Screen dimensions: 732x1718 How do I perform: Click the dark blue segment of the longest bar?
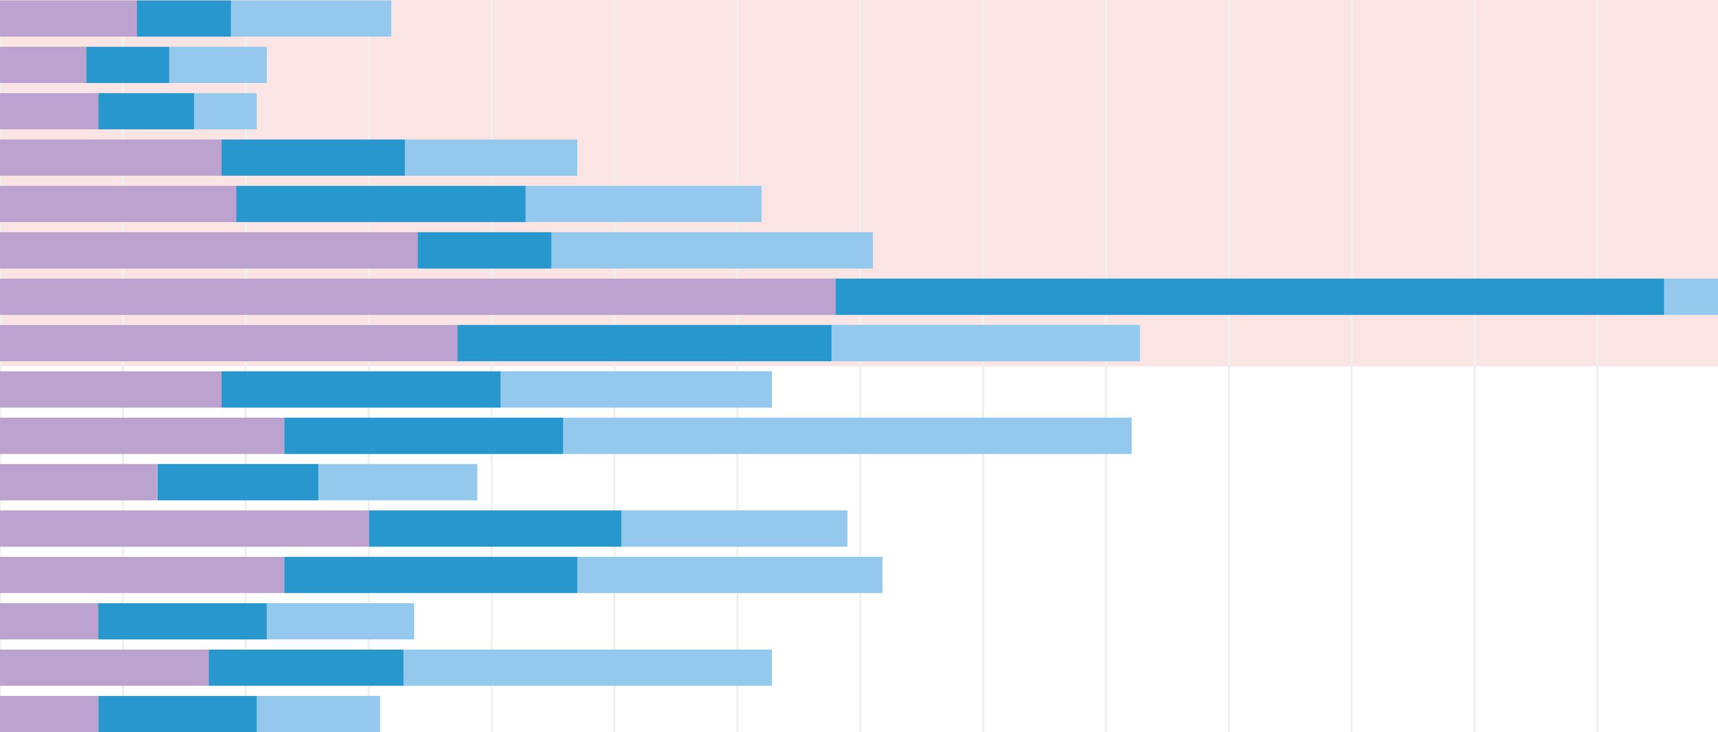point(1249,296)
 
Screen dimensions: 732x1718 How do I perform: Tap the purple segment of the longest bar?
point(417,296)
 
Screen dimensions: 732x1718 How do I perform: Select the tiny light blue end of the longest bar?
point(1691,296)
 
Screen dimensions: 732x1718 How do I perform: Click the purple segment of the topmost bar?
point(68,18)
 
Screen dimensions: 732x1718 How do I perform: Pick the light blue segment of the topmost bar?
point(311,18)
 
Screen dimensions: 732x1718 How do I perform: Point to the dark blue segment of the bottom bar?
point(178,714)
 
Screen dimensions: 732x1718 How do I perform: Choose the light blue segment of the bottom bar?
point(318,714)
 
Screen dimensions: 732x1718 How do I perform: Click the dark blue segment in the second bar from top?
point(127,65)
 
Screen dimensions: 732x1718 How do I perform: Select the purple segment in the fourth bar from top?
point(111,157)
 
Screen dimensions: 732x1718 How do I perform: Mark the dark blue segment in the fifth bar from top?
point(381,204)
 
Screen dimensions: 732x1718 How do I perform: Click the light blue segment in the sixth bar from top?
point(712,250)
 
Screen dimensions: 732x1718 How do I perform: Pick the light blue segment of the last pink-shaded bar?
point(985,343)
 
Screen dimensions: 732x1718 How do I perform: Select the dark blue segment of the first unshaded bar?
point(361,389)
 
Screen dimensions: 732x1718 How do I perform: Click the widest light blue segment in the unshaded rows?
point(847,436)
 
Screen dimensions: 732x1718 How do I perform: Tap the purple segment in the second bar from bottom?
point(104,667)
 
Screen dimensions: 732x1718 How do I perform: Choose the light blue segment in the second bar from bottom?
point(587,667)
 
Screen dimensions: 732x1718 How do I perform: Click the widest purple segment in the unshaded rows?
point(184,529)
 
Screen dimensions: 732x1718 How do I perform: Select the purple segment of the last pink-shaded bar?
point(228,343)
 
